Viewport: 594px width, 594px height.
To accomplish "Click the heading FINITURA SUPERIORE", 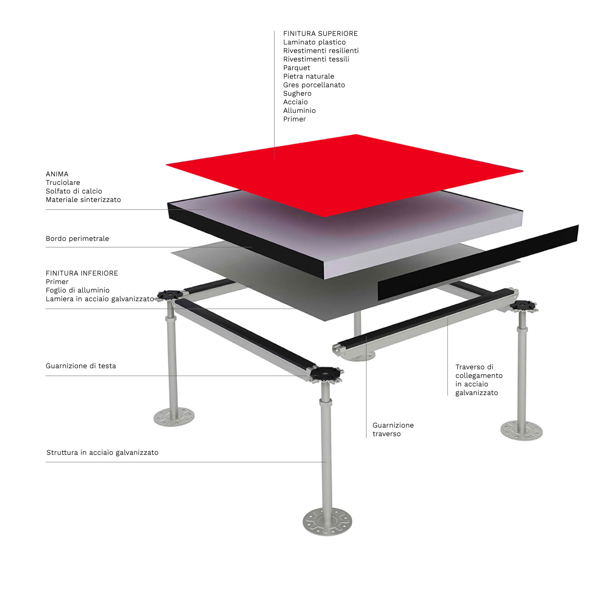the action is pos(320,34).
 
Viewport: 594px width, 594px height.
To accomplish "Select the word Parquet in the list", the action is pos(297,68).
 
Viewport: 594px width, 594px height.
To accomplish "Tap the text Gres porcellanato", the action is pos(314,85).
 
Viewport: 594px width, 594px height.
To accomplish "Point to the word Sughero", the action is pos(297,94).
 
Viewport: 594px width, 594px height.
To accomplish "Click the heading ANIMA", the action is pos(57,174).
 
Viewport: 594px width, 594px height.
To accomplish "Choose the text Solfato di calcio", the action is pos(74,191).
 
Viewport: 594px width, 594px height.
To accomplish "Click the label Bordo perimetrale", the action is pos(77,239).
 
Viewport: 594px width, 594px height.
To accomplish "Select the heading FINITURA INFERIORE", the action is pos(82,273).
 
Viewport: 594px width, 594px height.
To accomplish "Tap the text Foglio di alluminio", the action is pos(78,290).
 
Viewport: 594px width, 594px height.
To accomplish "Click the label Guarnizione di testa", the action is pos(81,366).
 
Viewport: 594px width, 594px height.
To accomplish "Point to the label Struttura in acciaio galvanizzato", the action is pos(102,453).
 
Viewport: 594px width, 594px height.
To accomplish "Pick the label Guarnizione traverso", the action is pos(393,430).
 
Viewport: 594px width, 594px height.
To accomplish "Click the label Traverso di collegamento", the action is pos(479,371).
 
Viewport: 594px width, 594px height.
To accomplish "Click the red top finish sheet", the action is pos(345,174).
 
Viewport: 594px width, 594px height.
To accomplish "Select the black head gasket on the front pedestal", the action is pos(326,373).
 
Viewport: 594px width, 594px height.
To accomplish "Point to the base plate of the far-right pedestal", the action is pos(522,430).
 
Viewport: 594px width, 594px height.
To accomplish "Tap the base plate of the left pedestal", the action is pos(174,417).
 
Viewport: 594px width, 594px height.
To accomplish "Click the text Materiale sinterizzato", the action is pos(83,200).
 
